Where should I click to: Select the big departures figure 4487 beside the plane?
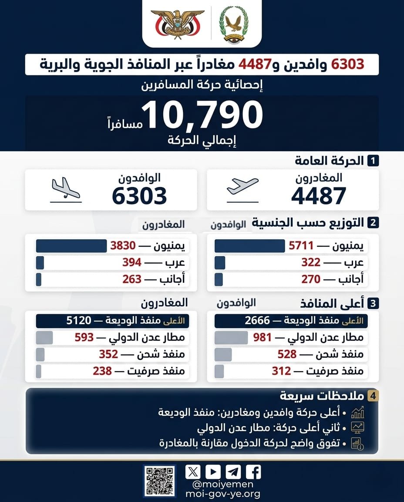pos(319,196)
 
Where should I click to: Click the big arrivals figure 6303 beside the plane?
pos(139,196)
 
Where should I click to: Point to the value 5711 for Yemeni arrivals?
pos(301,246)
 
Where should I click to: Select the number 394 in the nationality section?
pos(132,262)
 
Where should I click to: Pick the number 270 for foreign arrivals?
pos(311,279)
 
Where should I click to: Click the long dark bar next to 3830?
pos(71,246)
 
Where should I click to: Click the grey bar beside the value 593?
pos(44,337)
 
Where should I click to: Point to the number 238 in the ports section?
pos(102,371)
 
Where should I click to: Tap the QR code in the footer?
pos(159,481)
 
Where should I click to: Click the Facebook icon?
pos(253,472)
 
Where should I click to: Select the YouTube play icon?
pos(213,472)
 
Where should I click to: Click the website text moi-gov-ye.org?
pos(222,494)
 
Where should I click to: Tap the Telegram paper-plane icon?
pos(233,472)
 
